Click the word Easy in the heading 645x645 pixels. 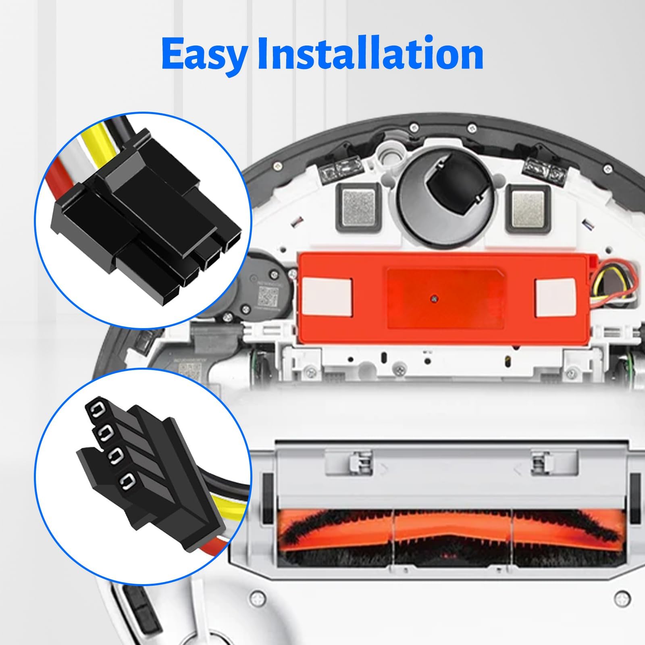204,54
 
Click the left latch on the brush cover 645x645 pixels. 358,460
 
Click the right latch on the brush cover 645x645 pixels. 539,460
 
